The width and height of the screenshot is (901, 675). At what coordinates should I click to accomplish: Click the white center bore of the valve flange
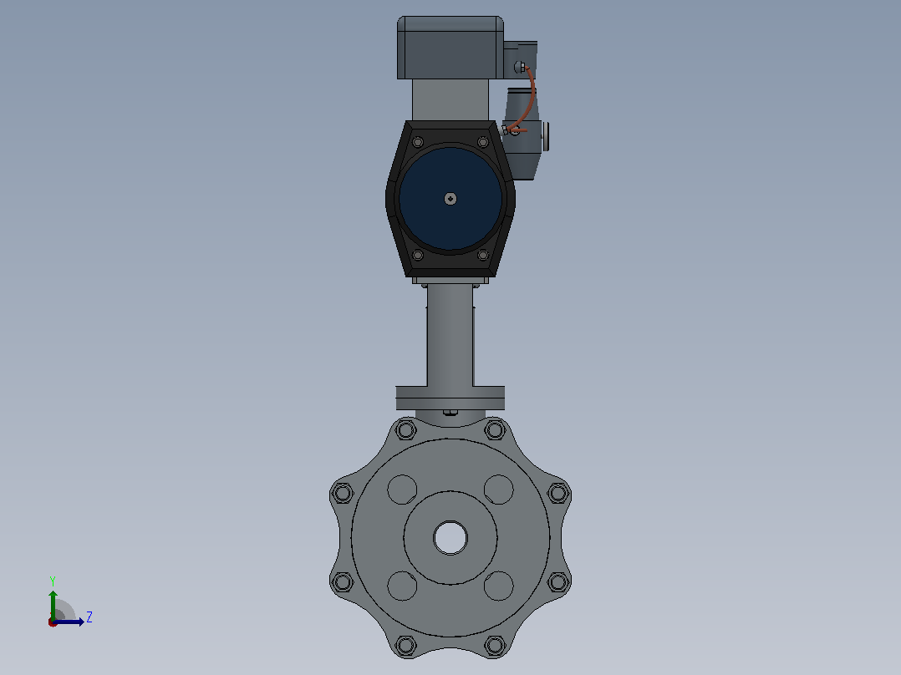(x=450, y=538)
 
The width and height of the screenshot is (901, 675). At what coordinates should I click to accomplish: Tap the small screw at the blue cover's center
(x=450, y=199)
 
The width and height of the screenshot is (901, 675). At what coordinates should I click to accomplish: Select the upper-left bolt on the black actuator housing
(x=418, y=142)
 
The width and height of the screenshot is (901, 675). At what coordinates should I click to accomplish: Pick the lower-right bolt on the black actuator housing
(x=483, y=255)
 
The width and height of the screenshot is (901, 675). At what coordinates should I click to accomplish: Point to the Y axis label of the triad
(x=53, y=581)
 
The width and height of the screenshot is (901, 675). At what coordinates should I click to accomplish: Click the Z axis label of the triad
(x=89, y=617)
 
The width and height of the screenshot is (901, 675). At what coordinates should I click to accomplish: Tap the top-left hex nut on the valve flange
(x=405, y=429)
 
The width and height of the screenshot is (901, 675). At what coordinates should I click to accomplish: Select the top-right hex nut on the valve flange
(x=495, y=429)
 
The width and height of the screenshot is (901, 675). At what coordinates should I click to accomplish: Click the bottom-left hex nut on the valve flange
(x=405, y=645)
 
